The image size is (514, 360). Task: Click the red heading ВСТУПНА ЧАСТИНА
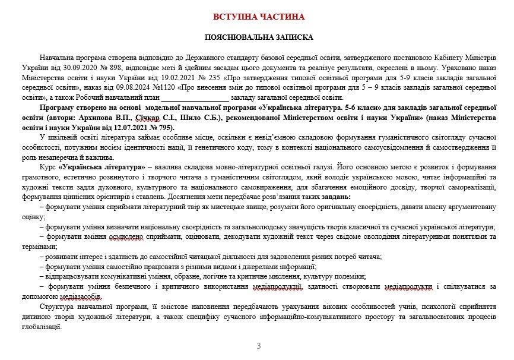[258, 17]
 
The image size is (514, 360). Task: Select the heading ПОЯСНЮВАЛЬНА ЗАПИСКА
[258, 37]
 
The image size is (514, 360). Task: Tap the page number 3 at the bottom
[258, 346]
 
